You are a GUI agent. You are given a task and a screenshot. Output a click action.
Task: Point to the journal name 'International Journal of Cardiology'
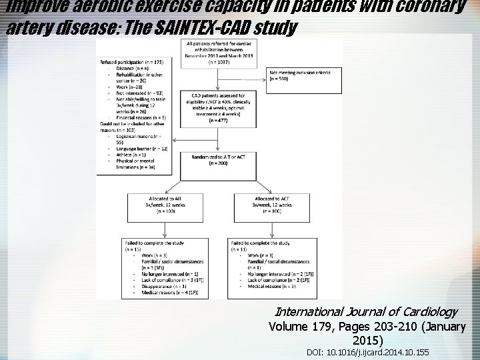point(365,311)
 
